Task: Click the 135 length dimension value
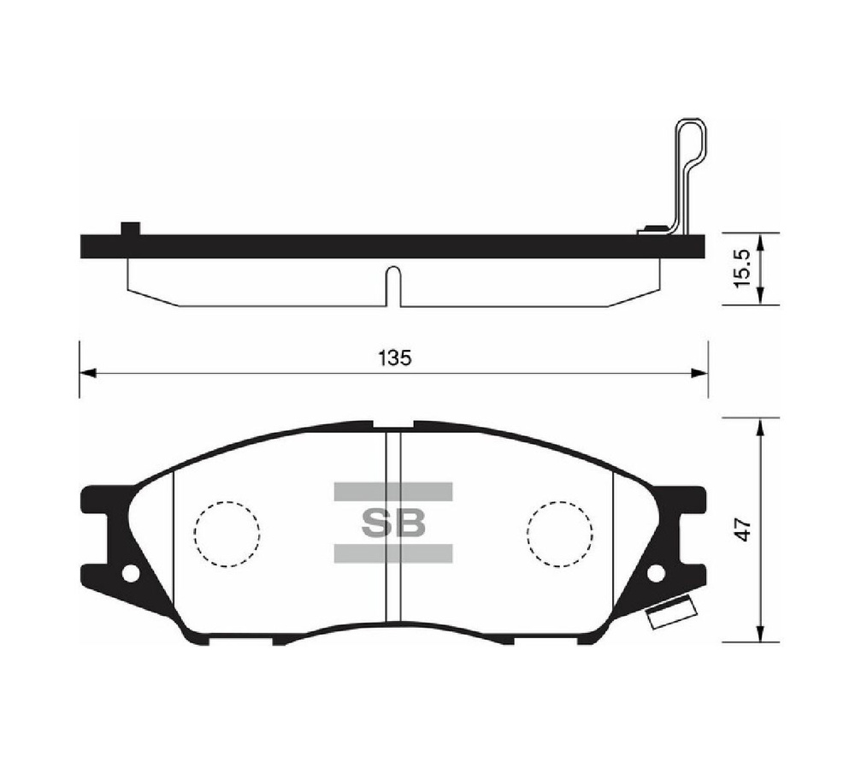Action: tap(394, 358)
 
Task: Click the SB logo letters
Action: tap(392, 523)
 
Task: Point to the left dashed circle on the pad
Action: tap(227, 533)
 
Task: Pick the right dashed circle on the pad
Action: tap(560, 533)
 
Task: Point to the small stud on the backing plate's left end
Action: tap(130, 228)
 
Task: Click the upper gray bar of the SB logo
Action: tap(392, 491)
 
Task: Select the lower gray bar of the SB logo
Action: tap(392, 553)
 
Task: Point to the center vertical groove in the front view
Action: tap(392, 526)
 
